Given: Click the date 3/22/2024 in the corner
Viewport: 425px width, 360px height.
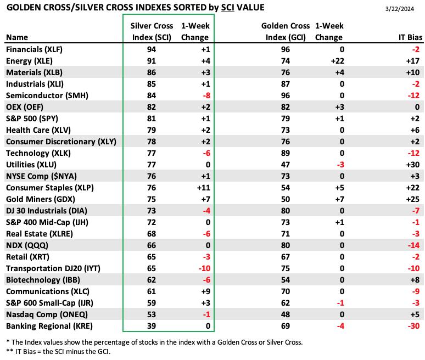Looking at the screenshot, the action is (x=400, y=9).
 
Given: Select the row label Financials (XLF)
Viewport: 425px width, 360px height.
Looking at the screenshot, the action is (x=35, y=49).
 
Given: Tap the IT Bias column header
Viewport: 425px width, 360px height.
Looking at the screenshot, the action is (x=410, y=37).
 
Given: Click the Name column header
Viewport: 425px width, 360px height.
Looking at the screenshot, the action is (x=17, y=37).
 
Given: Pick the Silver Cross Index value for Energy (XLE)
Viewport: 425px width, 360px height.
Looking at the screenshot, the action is (x=152, y=61).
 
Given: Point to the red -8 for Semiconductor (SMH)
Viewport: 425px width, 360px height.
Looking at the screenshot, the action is (x=206, y=95).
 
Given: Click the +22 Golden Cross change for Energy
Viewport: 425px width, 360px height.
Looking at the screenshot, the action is (x=338, y=61).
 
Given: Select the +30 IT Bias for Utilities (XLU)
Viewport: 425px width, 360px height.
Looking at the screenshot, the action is (x=413, y=165).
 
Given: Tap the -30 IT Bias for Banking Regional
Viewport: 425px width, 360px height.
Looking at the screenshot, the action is (x=414, y=326).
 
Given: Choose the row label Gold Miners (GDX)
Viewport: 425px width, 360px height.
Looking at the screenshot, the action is (x=41, y=199).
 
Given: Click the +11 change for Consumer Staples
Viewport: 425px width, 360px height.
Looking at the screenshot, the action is (x=204, y=188).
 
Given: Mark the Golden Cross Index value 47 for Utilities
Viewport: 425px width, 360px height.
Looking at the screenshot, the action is (x=286, y=165).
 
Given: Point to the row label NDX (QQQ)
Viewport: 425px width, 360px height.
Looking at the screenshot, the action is (x=27, y=245).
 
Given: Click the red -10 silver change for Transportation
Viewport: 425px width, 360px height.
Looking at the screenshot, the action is (x=204, y=268).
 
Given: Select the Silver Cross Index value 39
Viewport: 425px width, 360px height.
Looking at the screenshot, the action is (x=152, y=326).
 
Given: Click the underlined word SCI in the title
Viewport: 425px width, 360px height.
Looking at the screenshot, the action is (x=228, y=8).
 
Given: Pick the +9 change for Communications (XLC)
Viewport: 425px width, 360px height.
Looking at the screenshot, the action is (x=206, y=291).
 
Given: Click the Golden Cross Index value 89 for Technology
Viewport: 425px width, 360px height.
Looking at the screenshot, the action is (x=286, y=153).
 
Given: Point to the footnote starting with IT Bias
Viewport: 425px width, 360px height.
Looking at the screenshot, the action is (x=58, y=352).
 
